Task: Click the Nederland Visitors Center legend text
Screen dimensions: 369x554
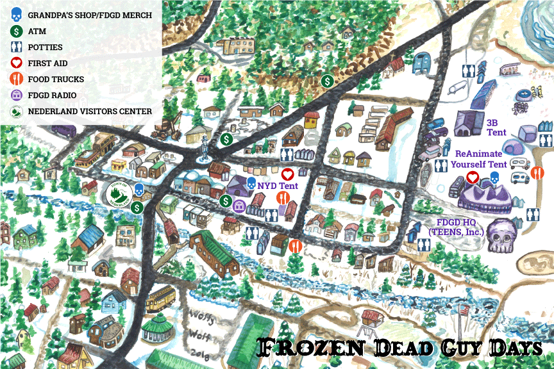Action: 90,111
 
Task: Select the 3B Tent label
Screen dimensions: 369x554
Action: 497,127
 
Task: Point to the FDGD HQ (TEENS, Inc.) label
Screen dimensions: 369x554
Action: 456,227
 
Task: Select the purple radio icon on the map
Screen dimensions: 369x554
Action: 240,205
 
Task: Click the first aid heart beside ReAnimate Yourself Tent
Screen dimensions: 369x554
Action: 473,176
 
